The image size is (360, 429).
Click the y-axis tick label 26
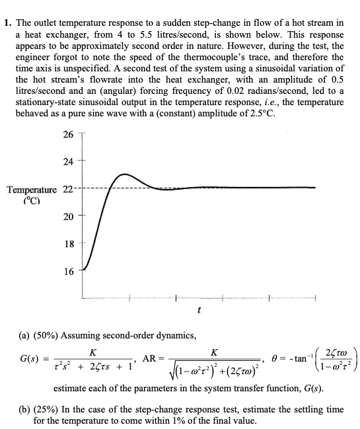(x=69, y=136)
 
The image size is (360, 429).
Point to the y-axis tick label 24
(x=69, y=162)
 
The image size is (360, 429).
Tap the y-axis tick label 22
(x=69, y=190)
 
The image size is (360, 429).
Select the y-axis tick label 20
(x=69, y=216)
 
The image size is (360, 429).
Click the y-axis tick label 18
(x=69, y=243)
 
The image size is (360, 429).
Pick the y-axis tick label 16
(x=69, y=270)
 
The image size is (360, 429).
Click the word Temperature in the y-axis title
(x=32, y=190)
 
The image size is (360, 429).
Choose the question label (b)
(x=39, y=410)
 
